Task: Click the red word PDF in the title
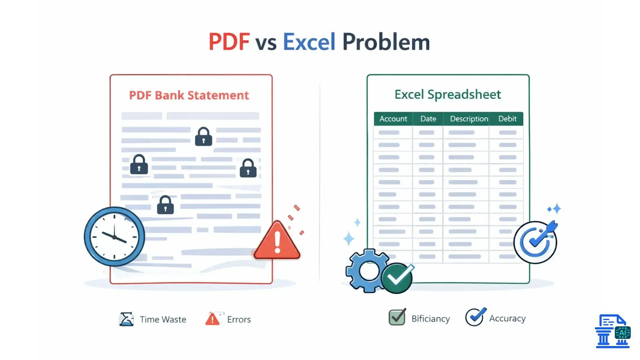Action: pyautogui.click(x=229, y=42)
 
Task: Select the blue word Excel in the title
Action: pyautogui.click(x=309, y=42)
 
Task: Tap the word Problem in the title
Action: pyautogui.click(x=386, y=43)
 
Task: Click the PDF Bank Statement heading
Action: pyautogui.click(x=189, y=95)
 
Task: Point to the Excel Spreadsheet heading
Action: pyautogui.click(x=447, y=95)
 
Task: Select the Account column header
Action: pyautogui.click(x=393, y=119)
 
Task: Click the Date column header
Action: pyautogui.click(x=428, y=119)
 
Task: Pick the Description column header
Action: pyautogui.click(x=469, y=119)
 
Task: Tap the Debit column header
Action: pyautogui.click(x=507, y=119)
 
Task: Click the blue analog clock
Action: pyautogui.click(x=114, y=237)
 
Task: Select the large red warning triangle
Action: pyautogui.click(x=277, y=241)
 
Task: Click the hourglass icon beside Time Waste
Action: pyautogui.click(x=126, y=319)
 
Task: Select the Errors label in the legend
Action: pyautogui.click(x=239, y=319)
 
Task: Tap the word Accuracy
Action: pyautogui.click(x=507, y=318)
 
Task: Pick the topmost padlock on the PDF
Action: pyautogui.click(x=203, y=137)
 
